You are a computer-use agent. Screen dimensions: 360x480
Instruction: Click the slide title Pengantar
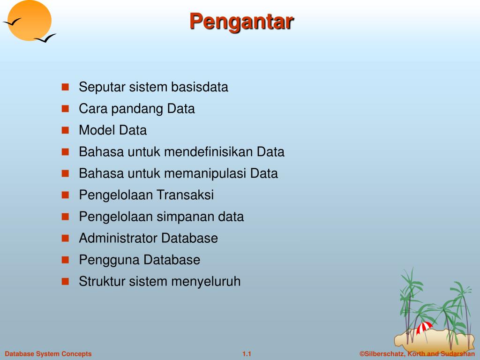click(x=241, y=22)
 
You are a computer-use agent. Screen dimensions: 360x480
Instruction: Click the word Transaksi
click(x=185, y=195)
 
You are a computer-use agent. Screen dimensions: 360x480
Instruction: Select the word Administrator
click(x=118, y=238)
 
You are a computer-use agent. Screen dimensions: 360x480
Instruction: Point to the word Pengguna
click(x=110, y=260)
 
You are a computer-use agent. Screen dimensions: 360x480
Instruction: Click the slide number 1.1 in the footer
click(x=247, y=354)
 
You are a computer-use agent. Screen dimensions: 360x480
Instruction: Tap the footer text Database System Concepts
click(x=48, y=354)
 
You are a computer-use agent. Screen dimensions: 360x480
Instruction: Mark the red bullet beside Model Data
click(x=65, y=130)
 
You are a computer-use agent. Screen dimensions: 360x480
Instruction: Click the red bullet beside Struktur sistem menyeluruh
click(x=65, y=282)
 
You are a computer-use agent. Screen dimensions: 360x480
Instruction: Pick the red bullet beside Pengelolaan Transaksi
click(x=65, y=195)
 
